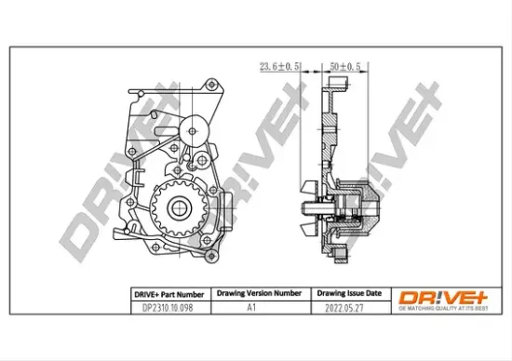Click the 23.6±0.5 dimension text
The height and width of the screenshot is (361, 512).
[276, 66]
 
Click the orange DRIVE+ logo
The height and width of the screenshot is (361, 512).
[435, 295]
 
